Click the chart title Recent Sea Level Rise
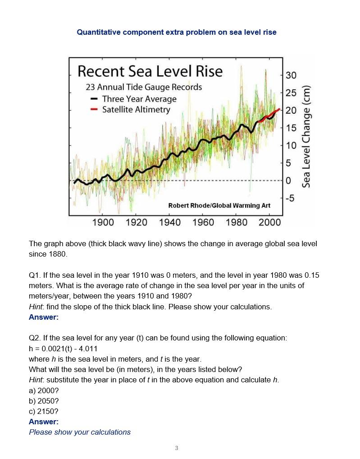point(150,71)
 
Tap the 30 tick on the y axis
point(291,75)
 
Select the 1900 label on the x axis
point(103,222)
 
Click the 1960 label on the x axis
point(203,222)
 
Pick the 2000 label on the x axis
point(270,222)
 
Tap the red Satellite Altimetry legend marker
point(94,110)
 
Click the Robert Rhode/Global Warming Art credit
point(219,206)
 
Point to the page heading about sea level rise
point(177,32)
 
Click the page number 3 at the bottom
point(176,448)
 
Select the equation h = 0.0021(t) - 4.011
point(63,349)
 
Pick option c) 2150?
point(44,411)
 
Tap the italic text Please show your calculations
point(80,432)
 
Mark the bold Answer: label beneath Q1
point(44,317)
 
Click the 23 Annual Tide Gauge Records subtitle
point(144,87)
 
